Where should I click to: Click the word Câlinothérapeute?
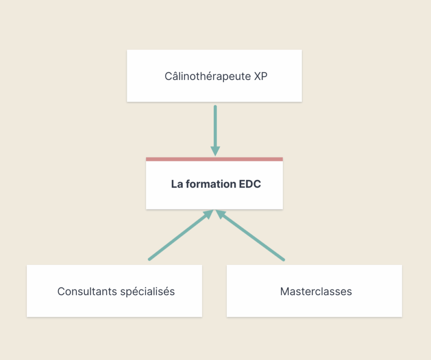point(208,77)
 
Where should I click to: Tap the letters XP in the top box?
point(261,77)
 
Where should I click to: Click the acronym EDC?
point(250,184)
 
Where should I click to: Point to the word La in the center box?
point(177,184)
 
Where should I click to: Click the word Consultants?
point(88,291)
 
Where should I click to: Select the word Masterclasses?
point(316,291)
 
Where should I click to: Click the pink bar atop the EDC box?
point(214,159)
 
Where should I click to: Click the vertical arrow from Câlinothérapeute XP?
point(215,131)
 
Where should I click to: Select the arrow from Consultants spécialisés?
point(181,235)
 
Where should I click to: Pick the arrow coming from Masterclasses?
point(250,235)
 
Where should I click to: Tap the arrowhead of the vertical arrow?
point(215,151)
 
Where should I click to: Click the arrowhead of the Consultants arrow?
point(209,214)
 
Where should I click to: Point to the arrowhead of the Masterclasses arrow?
point(221,214)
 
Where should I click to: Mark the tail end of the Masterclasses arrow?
point(283,259)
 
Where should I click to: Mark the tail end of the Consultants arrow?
point(149,259)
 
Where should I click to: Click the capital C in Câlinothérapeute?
point(168,77)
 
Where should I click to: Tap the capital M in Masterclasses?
point(284,291)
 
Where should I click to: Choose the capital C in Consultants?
point(61,291)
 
